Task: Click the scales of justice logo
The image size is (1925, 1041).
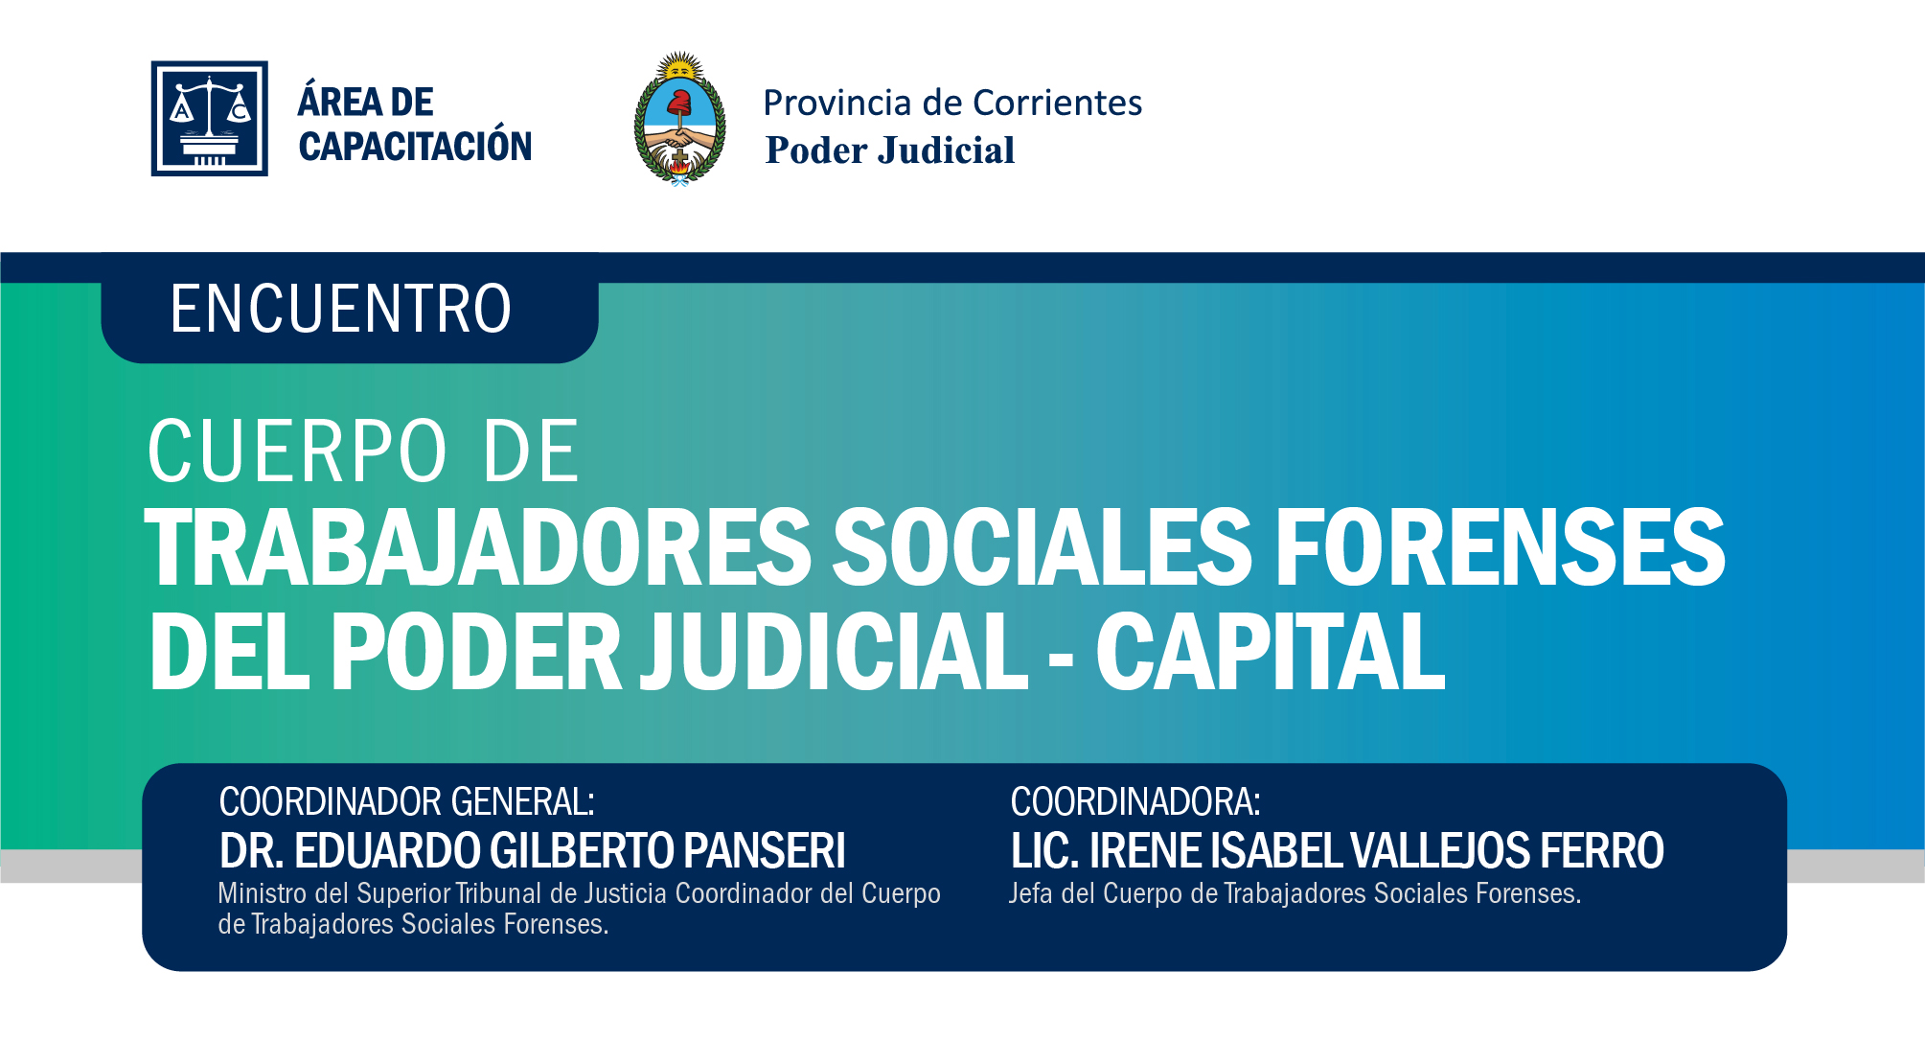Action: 209,118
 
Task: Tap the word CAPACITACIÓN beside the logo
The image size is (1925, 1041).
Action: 415,147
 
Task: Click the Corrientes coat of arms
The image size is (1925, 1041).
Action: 679,118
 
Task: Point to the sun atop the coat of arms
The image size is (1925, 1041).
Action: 680,66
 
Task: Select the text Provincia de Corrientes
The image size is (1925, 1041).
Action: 952,103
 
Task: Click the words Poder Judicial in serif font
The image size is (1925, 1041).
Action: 889,150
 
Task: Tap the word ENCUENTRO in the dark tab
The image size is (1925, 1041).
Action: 340,310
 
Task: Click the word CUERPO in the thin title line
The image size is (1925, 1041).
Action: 297,451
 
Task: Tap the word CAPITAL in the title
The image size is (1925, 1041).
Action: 1271,652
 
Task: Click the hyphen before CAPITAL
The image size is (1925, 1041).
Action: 1061,659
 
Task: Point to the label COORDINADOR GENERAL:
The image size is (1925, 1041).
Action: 407,802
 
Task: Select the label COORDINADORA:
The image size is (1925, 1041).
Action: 1135,802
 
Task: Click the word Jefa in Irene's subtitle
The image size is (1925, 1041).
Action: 1031,893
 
